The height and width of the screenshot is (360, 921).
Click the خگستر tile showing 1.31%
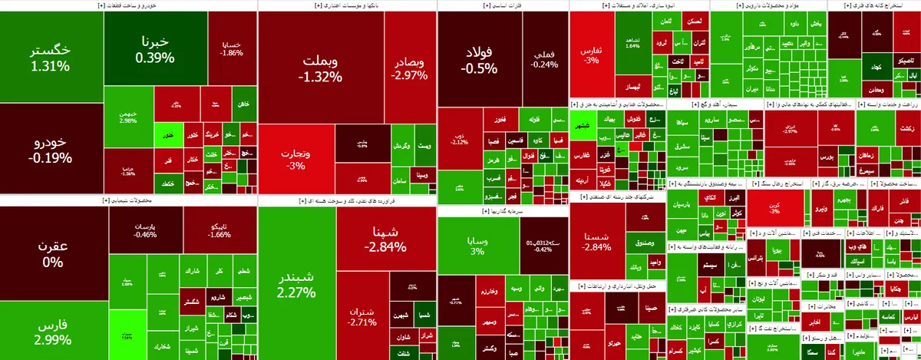50,58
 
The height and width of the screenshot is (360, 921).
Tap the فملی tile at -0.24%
544,59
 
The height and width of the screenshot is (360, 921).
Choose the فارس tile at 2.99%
54,332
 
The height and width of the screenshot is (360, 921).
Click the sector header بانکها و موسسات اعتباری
347,5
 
